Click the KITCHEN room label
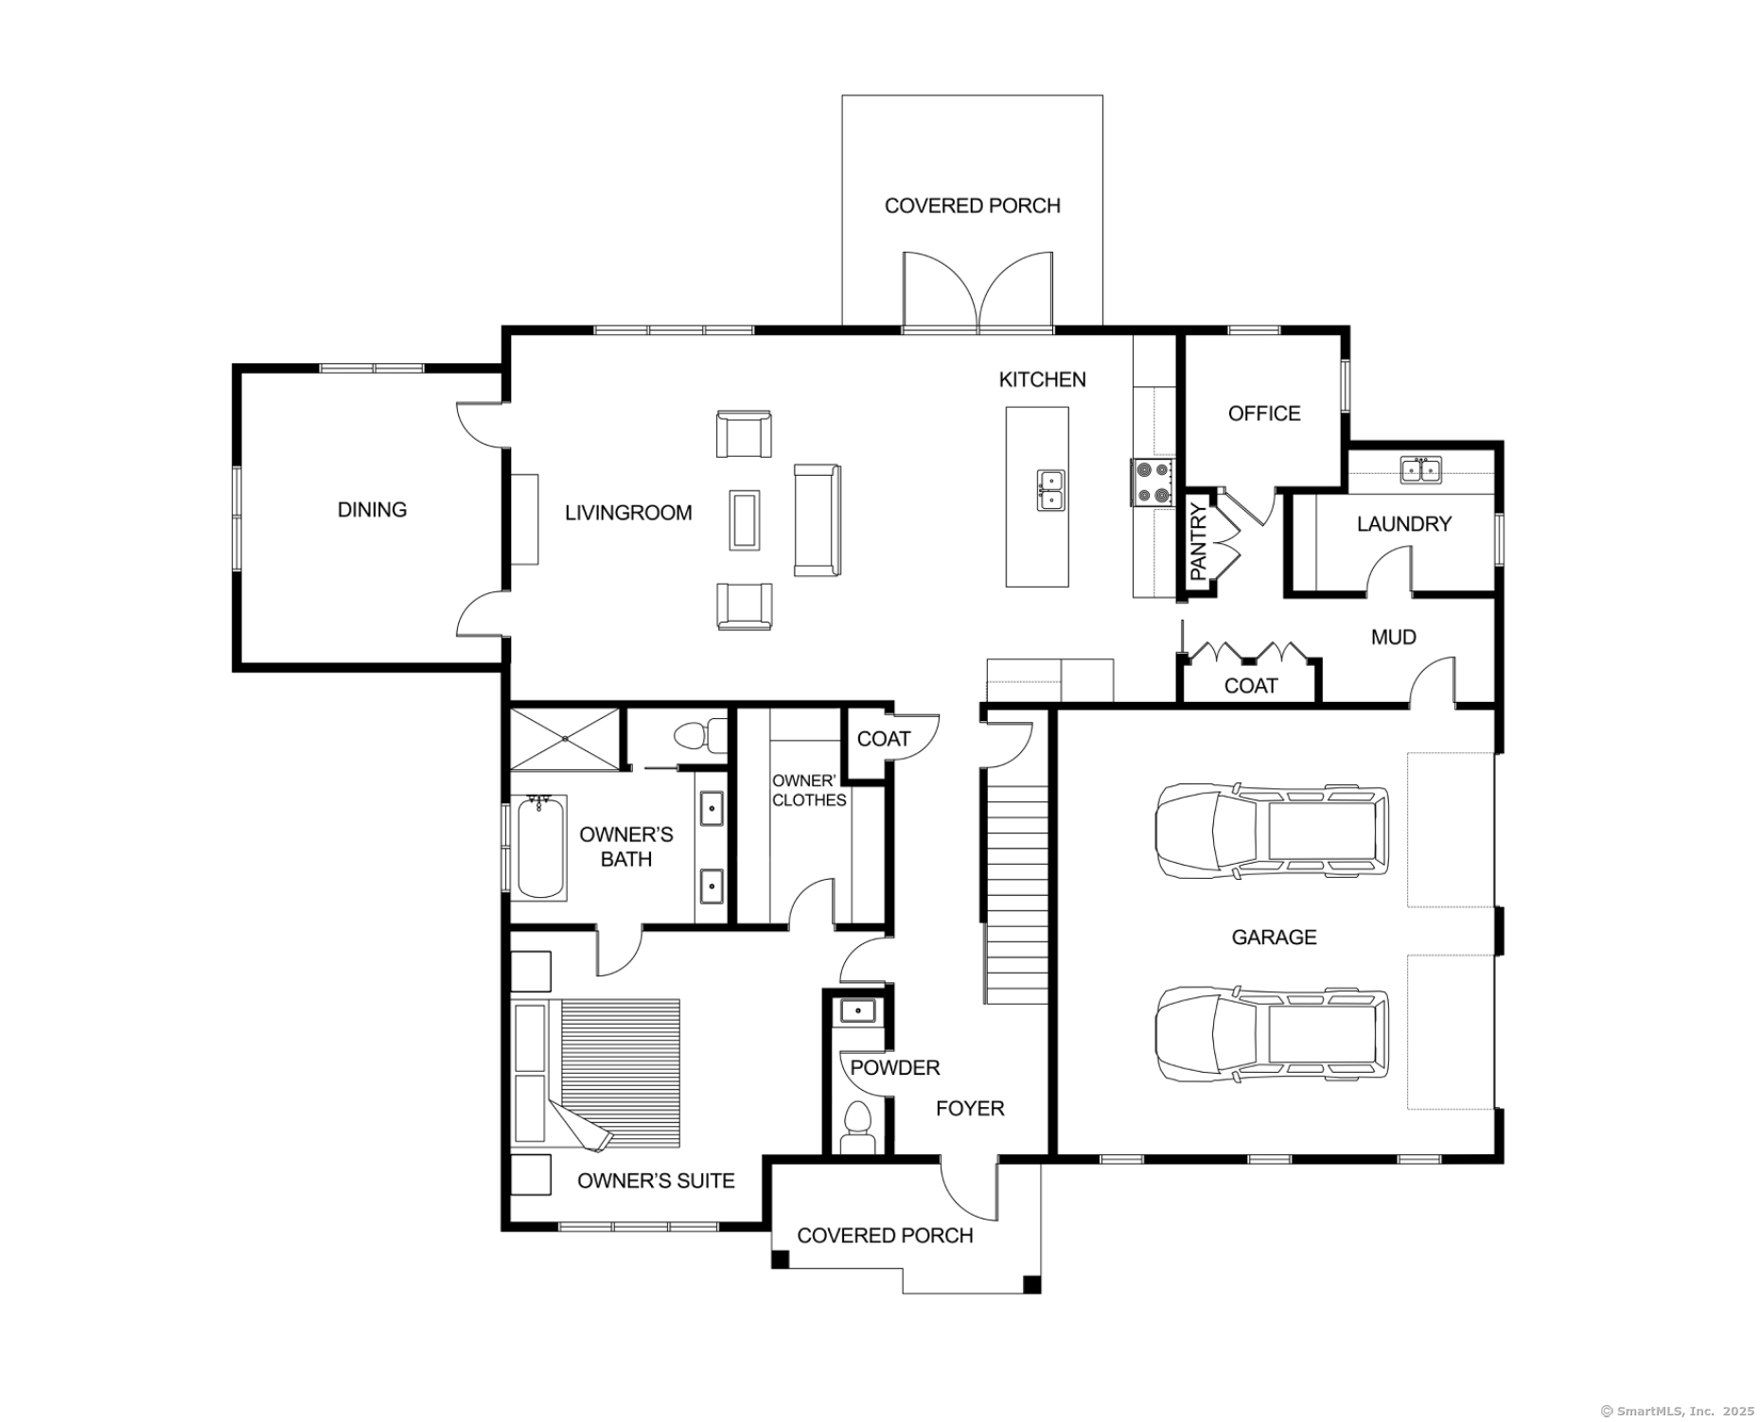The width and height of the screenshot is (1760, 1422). (1042, 379)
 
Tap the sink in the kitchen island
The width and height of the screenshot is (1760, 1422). (1050, 490)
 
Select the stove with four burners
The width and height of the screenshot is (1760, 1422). (1153, 483)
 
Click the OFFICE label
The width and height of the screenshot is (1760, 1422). (1264, 413)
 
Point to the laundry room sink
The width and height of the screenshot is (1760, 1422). (1420, 469)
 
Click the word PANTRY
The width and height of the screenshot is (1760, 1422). (1198, 542)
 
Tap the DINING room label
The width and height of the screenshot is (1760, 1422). (372, 510)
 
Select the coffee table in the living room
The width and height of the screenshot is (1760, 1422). (744, 519)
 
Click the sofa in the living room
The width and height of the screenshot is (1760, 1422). (817, 519)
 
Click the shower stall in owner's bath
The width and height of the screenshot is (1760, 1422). (565, 739)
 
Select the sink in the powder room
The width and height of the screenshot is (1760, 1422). (858, 1011)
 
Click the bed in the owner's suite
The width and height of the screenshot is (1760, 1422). (596, 1074)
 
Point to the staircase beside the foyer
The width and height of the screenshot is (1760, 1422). (1016, 888)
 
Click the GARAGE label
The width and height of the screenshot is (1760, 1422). (1274, 938)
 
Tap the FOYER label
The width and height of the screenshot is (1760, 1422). (970, 1109)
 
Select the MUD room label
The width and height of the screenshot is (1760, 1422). (1393, 638)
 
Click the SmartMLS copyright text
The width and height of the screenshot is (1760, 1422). (1676, 1411)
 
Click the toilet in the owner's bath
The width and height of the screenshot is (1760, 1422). (701, 734)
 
